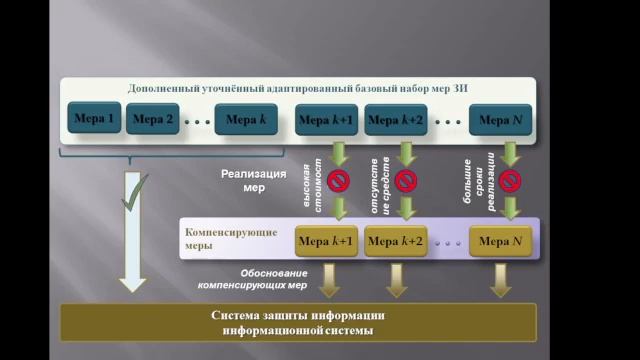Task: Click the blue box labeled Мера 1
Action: click(x=96, y=122)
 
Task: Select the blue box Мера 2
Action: click(x=154, y=122)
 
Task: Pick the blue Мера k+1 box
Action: click(x=325, y=122)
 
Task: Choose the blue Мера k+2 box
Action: click(x=397, y=122)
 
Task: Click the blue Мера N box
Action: click(x=501, y=122)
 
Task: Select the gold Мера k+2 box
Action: click(x=397, y=241)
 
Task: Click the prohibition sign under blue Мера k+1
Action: click(x=338, y=181)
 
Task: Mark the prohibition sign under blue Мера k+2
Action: click(x=405, y=181)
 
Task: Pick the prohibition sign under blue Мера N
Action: click(x=511, y=181)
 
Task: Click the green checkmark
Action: click(x=133, y=190)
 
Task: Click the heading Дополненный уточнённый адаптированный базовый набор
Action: click(x=299, y=89)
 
